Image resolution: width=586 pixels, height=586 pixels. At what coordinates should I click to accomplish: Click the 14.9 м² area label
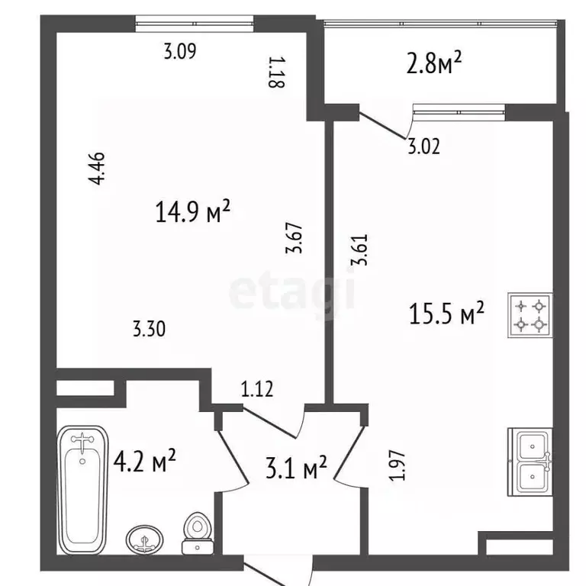pos(192,211)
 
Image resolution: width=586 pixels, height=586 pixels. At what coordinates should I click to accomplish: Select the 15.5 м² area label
pos(446,313)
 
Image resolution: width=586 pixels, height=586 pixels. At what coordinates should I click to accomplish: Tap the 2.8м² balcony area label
pos(434,63)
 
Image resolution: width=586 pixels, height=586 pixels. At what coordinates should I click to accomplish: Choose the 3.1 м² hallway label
pos(296,467)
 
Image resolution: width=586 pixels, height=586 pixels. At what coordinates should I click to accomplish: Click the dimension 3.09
pos(180,51)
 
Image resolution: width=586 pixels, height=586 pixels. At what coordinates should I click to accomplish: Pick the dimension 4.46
pos(97,169)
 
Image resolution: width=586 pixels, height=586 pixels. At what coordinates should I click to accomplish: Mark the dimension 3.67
pos(293,238)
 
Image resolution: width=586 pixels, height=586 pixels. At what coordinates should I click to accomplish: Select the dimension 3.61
pos(359,250)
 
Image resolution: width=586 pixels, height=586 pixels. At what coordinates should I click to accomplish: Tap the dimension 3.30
pos(149,330)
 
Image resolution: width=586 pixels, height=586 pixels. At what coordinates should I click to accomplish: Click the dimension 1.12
pos(257,388)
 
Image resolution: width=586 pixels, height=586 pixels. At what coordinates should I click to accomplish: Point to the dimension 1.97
pos(397,465)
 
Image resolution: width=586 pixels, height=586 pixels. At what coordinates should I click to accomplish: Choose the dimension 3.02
pos(423,146)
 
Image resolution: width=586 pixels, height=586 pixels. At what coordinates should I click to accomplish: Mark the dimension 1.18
pos(277,72)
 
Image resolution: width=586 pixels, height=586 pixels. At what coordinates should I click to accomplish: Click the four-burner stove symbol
pos(530,316)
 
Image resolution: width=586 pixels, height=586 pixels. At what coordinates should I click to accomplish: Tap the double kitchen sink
pos(530,462)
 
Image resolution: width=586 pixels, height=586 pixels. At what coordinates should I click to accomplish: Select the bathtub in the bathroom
pos(82,490)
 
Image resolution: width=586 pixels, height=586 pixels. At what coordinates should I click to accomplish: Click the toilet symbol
pos(198,533)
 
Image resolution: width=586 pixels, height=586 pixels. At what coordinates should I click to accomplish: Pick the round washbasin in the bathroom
pos(145,539)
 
